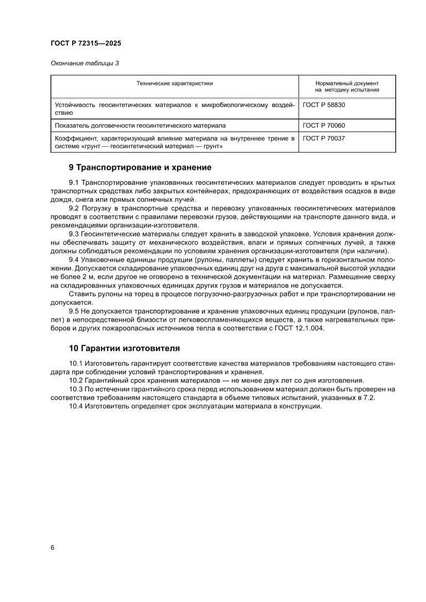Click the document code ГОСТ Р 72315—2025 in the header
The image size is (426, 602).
(86, 44)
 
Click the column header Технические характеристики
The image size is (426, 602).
(174, 83)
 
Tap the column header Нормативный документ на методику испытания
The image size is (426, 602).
(347, 86)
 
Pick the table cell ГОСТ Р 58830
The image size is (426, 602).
(323, 105)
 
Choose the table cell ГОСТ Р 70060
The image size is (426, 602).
(323, 125)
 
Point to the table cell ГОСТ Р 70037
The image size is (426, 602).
(323, 138)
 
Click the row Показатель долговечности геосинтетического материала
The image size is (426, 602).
(140, 125)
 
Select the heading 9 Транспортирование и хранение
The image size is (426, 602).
(140, 167)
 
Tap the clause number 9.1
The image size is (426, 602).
(74, 182)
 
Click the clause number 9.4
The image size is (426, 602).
(74, 260)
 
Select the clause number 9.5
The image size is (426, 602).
(74, 311)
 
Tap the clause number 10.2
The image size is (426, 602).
(76, 380)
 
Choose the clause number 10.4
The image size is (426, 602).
(76, 406)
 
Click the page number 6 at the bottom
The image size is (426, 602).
(53, 547)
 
